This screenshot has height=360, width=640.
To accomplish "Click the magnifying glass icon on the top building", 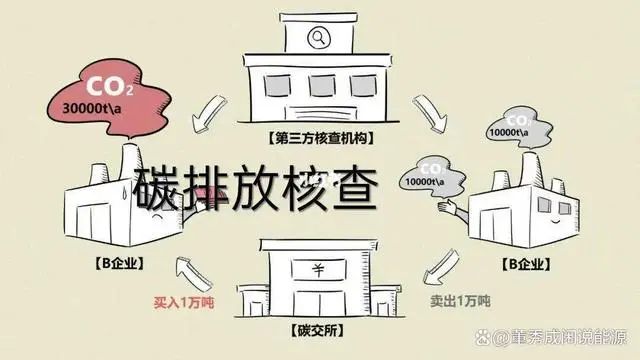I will pos(320,40).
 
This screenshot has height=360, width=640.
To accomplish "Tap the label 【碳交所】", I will pos(318,329).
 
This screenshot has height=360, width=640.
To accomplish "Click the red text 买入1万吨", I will pos(185,301).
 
